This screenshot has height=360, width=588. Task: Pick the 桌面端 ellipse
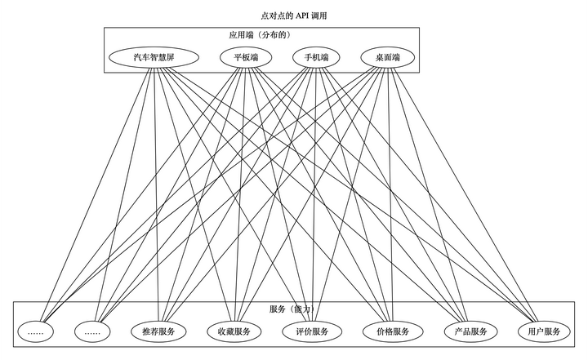tap(387, 58)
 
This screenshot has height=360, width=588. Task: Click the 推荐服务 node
tap(158, 332)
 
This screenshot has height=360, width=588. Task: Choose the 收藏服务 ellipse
tap(234, 332)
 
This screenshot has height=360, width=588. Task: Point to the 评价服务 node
tap(311, 332)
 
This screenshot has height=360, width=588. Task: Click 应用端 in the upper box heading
tap(242, 35)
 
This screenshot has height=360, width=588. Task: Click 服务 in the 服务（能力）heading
tap(278, 309)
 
